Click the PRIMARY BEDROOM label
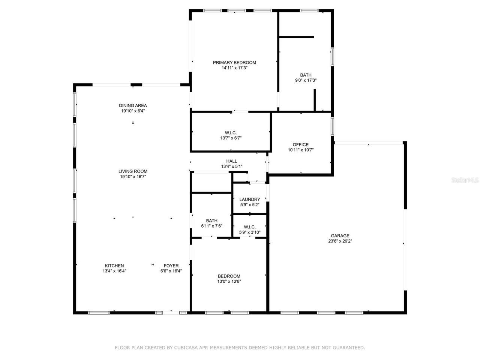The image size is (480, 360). coord(234,63)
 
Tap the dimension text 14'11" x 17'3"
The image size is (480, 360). coord(234,68)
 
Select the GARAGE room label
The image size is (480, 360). coord(340,236)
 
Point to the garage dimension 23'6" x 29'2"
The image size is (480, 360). coord(340,241)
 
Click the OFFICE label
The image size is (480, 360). coord(300,145)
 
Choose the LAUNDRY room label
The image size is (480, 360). coord(249,199)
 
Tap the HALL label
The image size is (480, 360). coord(231,161)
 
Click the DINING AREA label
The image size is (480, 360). coord(133,106)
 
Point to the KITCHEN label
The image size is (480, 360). coord(114,266)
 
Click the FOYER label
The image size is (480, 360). coord(171,266)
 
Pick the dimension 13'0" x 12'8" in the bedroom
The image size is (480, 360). coord(229,281)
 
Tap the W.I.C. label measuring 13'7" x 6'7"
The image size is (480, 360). coord(231,132)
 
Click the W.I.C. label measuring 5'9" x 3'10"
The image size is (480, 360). coord(249,227)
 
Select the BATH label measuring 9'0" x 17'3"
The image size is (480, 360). coord(306,75)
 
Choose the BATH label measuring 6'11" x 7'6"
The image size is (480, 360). coord(211,221)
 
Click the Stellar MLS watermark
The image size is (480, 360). coord(465,180)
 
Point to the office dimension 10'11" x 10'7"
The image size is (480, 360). coord(300,150)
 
